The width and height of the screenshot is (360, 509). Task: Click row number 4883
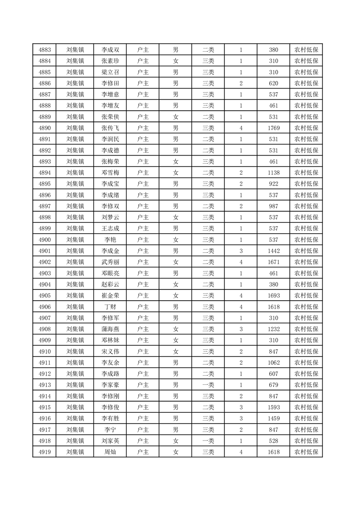point(44,50)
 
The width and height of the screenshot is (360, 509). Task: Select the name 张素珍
point(110,61)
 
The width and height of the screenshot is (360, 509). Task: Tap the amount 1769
point(273,128)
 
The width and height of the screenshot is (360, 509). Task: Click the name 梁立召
point(110,73)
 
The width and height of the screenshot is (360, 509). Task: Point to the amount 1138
point(273,173)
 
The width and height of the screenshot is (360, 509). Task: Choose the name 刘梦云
point(110,218)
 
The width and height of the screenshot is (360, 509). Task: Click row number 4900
point(44,240)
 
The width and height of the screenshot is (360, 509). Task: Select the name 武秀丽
point(110,262)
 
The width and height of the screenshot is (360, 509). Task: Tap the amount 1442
point(273,251)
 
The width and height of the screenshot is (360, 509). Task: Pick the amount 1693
point(273,296)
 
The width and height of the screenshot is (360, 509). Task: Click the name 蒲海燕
point(110,329)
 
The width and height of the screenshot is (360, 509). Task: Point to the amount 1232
point(273,329)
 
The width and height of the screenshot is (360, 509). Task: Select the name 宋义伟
point(110,352)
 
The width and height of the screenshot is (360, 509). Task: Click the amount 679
point(273,385)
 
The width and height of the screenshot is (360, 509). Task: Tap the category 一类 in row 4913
point(208,385)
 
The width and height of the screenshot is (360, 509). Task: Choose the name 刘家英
point(110,441)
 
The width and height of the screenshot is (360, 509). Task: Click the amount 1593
point(273,407)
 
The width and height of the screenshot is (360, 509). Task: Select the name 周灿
point(110,452)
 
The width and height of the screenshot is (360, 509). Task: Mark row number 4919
point(44,452)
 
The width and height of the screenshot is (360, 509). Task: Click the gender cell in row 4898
point(175,218)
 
